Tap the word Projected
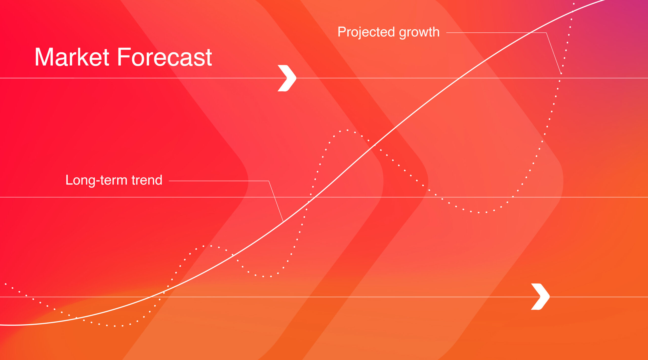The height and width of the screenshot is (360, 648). pos(366,32)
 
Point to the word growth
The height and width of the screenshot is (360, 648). pos(419,32)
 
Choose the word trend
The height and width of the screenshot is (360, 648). pos(147,180)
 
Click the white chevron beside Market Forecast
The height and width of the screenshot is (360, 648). pos(287,78)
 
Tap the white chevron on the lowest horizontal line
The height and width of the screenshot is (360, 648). pos(540,296)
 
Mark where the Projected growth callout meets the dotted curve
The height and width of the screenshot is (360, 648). pos(561,73)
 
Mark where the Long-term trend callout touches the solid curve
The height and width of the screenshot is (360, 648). pos(283,222)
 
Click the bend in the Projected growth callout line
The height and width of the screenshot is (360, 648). pos(546,33)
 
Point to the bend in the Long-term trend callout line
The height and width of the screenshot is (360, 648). pos(269,181)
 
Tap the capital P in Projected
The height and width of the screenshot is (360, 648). pos(342,32)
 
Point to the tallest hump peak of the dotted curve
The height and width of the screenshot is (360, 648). pos(347,130)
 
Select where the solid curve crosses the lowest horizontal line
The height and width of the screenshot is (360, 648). pos(151,297)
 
